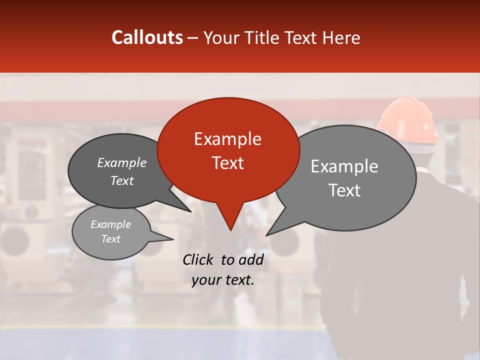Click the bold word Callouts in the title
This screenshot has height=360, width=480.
coord(147,37)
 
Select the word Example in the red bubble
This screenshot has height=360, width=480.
coord(227,139)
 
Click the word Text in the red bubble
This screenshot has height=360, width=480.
coord(227,162)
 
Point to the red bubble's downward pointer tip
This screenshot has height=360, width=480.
coord(230,229)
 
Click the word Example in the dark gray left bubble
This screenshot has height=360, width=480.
coord(121,163)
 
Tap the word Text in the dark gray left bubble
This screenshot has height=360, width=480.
coord(121,180)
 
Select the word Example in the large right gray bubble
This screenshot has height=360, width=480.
coord(344,166)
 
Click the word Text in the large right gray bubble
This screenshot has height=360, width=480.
coord(344,190)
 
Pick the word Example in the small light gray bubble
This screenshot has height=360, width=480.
coord(110,224)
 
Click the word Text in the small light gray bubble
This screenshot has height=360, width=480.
coord(110,239)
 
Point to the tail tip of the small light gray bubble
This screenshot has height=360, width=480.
coord(172,239)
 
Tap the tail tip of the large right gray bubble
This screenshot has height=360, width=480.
coord(267,235)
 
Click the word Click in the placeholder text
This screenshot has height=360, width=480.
coord(198,259)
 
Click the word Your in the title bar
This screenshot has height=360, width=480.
coord(221,38)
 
